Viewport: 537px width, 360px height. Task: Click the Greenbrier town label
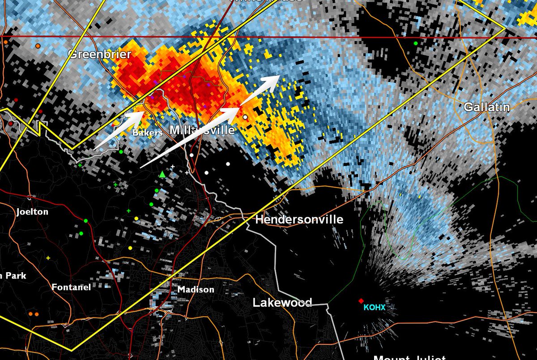click(x=100, y=55)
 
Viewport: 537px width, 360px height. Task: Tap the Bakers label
click(x=147, y=133)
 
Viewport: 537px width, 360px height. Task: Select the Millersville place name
click(x=202, y=130)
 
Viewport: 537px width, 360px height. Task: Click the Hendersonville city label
click(x=299, y=219)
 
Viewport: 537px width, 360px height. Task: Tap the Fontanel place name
click(x=72, y=287)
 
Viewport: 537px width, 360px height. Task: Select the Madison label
click(x=196, y=290)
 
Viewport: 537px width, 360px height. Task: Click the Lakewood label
click(x=282, y=303)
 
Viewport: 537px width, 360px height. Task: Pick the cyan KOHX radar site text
click(x=374, y=308)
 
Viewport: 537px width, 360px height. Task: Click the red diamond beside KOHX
click(x=361, y=301)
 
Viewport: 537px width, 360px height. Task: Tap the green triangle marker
click(x=162, y=174)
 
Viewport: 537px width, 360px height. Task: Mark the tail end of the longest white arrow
click(x=141, y=168)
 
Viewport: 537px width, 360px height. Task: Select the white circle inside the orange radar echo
click(x=245, y=117)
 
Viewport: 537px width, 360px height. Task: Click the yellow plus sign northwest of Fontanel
click(x=48, y=258)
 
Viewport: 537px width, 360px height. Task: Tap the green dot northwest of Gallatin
click(x=416, y=43)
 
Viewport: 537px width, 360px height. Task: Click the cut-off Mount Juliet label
click(x=409, y=357)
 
